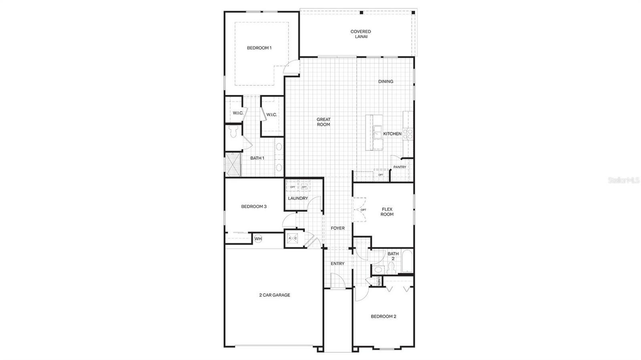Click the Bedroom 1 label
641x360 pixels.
pyautogui.click(x=259, y=48)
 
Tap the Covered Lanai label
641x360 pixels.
pyautogui.click(x=361, y=34)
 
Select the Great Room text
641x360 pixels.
pyautogui.click(x=323, y=122)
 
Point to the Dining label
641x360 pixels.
pyautogui.click(x=386, y=82)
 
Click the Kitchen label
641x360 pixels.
pyautogui.click(x=392, y=134)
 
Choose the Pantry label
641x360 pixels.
pyautogui.click(x=399, y=167)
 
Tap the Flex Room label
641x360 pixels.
pyautogui.click(x=387, y=212)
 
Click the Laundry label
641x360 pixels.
pyautogui.click(x=298, y=199)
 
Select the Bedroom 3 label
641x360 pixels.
pyautogui.click(x=254, y=207)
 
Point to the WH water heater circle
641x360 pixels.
pyautogui.click(x=258, y=239)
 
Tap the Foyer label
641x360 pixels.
pyautogui.click(x=337, y=228)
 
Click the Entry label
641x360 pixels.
pyautogui.click(x=337, y=263)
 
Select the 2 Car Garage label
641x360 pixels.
pyautogui.click(x=274, y=295)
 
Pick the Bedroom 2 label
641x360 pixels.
pyautogui.click(x=383, y=316)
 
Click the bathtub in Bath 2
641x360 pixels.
pyautogui.click(x=407, y=261)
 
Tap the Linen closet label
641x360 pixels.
pyautogui.click(x=379, y=281)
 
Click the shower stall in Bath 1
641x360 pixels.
pyautogui.click(x=233, y=164)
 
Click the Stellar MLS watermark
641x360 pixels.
pyautogui.click(x=624, y=181)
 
